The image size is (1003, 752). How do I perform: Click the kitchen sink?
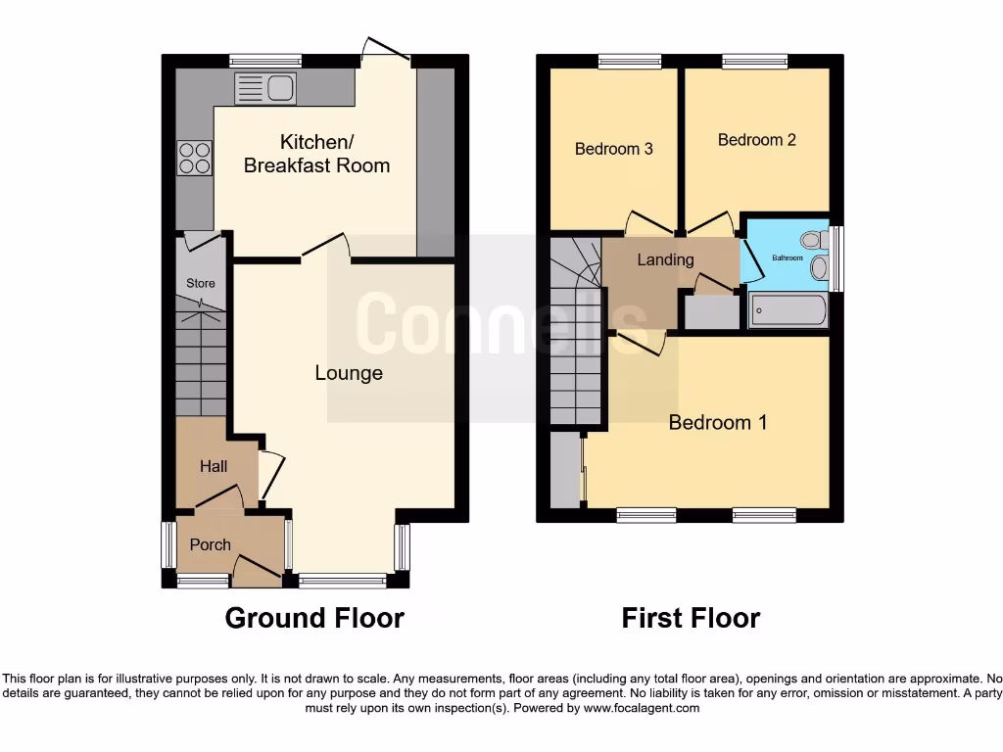(265, 88)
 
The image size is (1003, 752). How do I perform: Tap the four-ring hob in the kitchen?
(194, 158)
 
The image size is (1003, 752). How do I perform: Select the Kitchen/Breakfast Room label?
(316, 154)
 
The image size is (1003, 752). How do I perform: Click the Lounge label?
(349, 373)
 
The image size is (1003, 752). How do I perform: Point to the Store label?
(201, 284)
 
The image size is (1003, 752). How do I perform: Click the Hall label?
(214, 466)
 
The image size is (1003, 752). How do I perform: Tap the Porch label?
(211, 544)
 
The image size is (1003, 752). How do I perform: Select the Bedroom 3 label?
(614, 149)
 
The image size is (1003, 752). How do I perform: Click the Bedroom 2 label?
(757, 140)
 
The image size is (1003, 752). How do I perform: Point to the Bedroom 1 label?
(718, 422)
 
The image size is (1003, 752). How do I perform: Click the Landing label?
(665, 259)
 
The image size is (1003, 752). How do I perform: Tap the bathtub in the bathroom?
(788, 311)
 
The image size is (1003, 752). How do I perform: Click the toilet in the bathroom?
(812, 239)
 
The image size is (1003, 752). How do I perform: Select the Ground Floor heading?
(314, 618)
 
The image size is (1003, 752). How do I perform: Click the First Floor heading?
(691, 618)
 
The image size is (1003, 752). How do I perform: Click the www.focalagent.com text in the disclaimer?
(643, 708)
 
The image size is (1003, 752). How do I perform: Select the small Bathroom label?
(787, 258)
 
